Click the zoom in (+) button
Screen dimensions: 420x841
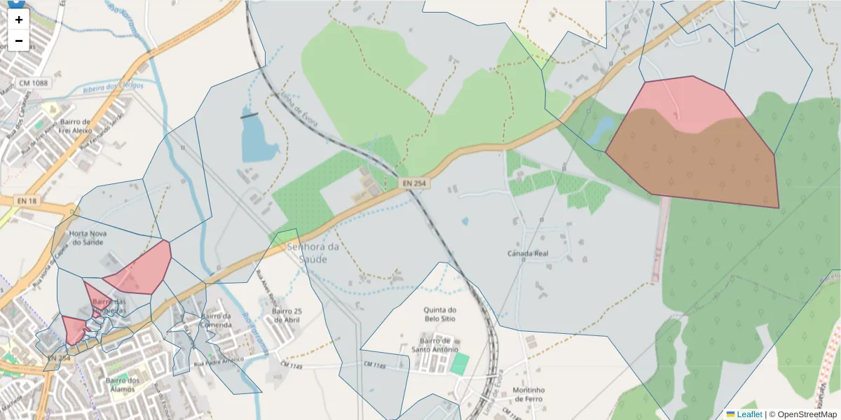(x=19, y=20)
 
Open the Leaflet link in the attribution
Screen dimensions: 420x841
(x=748, y=414)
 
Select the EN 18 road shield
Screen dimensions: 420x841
(x=27, y=201)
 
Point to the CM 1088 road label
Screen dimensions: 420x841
(x=34, y=83)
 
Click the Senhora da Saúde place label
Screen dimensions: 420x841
(x=313, y=253)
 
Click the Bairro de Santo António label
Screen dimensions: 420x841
(x=435, y=344)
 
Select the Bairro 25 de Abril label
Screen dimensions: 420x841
(x=287, y=316)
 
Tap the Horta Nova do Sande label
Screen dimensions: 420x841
(x=87, y=237)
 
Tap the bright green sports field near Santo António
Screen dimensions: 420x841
(x=460, y=363)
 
